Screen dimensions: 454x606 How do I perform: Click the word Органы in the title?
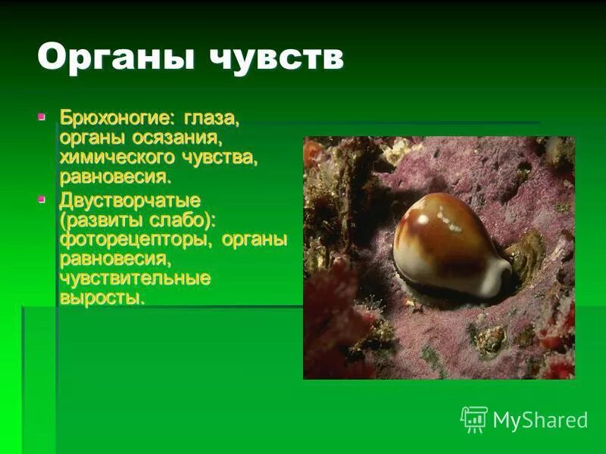click(112, 59)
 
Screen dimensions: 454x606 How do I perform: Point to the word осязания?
click(177, 139)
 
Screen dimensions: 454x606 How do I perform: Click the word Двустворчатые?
click(130, 201)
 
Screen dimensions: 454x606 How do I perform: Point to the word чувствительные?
click(135, 278)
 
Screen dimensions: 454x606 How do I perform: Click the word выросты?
click(102, 298)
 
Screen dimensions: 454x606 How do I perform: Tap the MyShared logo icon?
click(473, 419)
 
